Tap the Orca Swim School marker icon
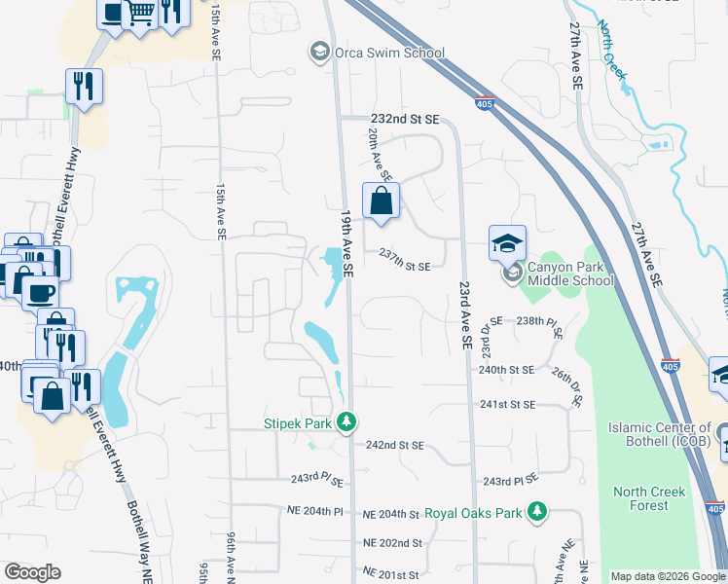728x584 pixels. click(x=318, y=51)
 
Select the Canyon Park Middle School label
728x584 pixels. click(x=570, y=274)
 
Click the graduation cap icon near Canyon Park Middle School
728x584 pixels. click(x=507, y=244)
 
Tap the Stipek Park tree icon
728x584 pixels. click(x=346, y=422)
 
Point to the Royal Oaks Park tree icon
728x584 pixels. click(x=535, y=511)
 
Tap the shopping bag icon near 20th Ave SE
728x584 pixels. click(x=382, y=201)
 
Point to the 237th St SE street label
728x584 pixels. click(x=405, y=256)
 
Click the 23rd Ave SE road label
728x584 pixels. click(x=463, y=316)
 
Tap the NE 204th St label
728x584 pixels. click(x=390, y=514)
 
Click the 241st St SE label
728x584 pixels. click(x=508, y=404)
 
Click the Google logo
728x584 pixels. click(x=32, y=572)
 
